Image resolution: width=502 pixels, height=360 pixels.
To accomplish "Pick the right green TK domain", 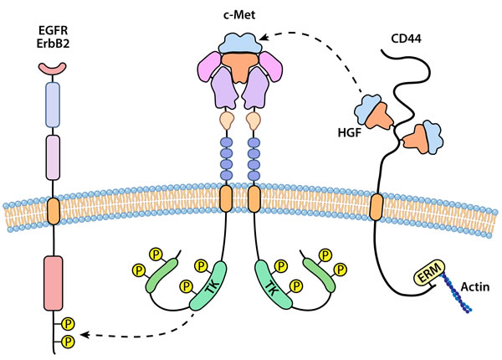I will click(269, 286).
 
